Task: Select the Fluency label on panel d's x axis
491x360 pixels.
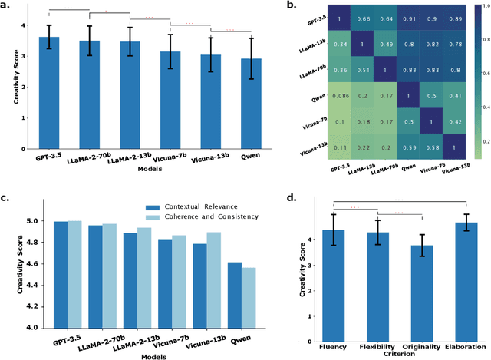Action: pos(333,346)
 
